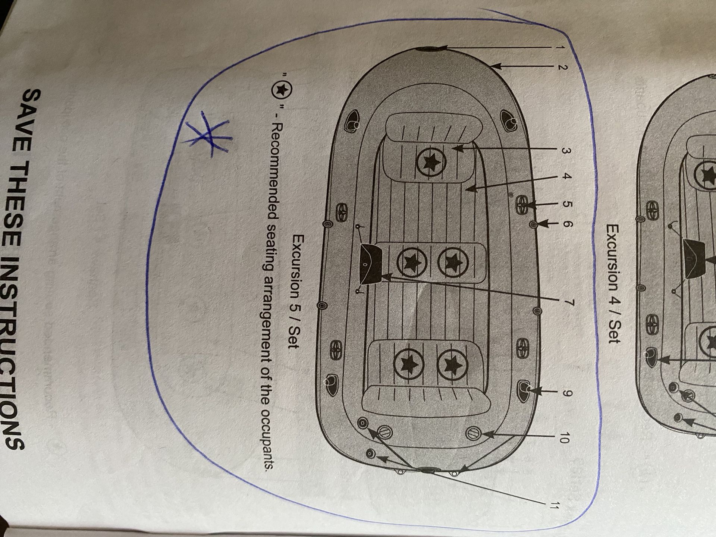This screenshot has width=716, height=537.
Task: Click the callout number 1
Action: coord(564,48)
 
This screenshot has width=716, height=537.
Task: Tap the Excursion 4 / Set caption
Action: coord(614,283)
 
